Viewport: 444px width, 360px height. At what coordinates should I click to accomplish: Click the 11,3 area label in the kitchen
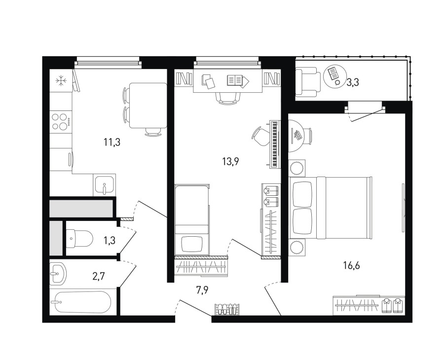(112, 142)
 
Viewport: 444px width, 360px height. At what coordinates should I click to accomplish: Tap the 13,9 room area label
(231, 162)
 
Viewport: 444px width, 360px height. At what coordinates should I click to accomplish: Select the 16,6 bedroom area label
(351, 265)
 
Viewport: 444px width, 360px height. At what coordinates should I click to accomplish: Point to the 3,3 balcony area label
(353, 82)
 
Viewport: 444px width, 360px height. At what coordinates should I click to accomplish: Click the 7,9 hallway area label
(203, 290)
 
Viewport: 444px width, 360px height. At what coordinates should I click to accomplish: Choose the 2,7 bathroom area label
(99, 276)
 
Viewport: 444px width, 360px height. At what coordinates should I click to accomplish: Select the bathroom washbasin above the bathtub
(58, 274)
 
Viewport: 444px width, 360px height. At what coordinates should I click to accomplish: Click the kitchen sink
(105, 185)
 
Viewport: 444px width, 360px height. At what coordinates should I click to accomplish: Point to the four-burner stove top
(61, 121)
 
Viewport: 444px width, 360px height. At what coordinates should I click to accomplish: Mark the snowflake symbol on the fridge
(61, 81)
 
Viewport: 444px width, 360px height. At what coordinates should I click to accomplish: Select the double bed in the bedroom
(330, 208)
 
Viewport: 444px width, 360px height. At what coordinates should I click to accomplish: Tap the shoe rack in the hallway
(227, 309)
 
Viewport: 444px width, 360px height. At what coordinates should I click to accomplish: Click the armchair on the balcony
(308, 82)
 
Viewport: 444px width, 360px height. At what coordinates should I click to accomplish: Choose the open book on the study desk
(235, 80)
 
